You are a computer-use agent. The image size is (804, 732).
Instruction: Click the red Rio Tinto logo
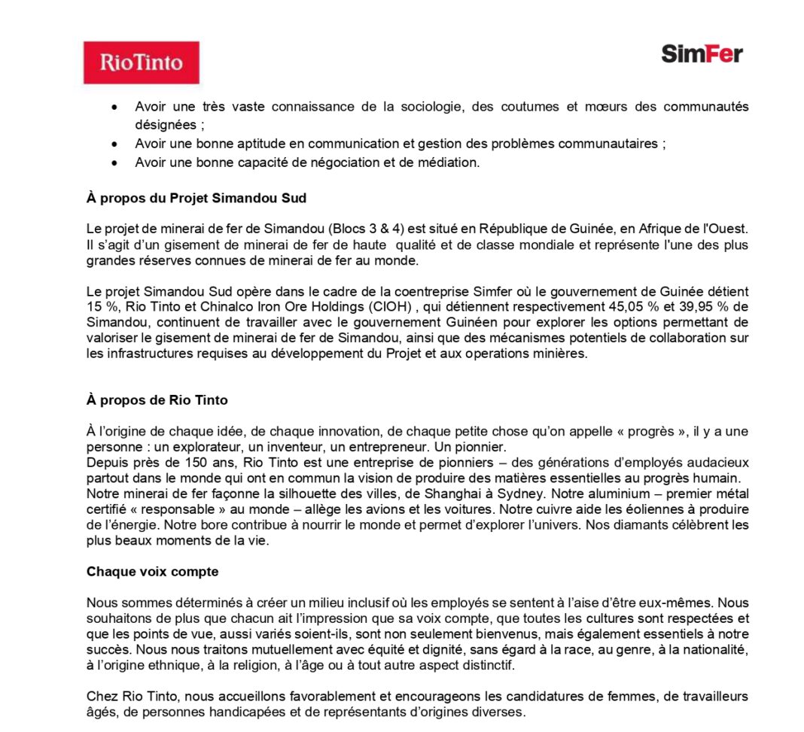point(141,62)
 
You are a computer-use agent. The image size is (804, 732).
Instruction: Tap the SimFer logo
point(702,53)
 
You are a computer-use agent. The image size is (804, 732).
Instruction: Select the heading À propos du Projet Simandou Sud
point(196,199)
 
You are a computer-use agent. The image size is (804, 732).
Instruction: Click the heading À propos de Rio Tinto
point(157,400)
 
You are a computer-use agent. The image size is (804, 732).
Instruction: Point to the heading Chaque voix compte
point(152,572)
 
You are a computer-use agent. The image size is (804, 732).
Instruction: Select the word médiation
point(449,162)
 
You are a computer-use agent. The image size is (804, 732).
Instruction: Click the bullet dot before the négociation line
point(114,162)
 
